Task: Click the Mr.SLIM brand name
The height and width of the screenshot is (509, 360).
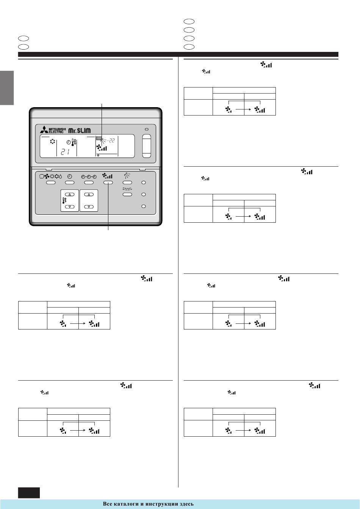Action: point(80,131)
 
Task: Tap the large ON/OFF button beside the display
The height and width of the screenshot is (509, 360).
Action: point(146,146)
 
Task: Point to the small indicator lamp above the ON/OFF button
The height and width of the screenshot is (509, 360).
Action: point(146,130)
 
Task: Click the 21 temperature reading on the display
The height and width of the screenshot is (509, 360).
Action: point(64,151)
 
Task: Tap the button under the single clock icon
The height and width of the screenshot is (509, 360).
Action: point(70,183)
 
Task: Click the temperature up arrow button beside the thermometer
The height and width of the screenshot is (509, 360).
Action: point(70,194)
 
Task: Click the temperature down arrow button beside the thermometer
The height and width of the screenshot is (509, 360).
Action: point(70,207)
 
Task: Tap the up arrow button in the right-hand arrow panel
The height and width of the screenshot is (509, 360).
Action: point(89,194)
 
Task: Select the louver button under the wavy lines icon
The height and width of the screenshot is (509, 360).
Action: point(127,194)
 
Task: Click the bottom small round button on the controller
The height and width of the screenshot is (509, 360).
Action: point(144,206)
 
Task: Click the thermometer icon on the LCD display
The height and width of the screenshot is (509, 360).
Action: point(74,143)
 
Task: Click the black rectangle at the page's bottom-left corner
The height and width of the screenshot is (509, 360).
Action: point(29,492)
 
